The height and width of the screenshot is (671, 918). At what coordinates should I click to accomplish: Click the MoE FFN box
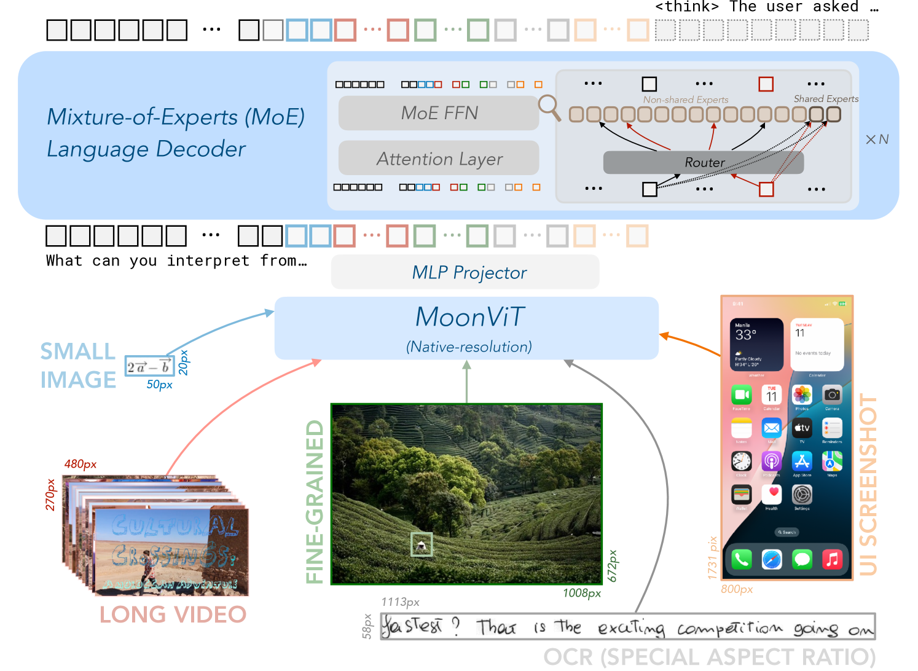(x=439, y=113)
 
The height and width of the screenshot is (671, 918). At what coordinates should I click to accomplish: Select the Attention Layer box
(x=439, y=159)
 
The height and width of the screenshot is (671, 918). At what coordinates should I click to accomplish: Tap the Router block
(x=704, y=162)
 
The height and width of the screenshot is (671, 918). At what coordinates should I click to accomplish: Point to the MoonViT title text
(x=469, y=317)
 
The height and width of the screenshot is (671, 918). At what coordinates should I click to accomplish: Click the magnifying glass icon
(x=549, y=108)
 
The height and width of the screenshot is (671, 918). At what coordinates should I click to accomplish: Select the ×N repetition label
(x=877, y=139)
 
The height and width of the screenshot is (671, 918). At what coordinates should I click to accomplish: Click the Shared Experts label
(x=825, y=99)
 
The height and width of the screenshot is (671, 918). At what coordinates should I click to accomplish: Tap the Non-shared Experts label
(x=685, y=100)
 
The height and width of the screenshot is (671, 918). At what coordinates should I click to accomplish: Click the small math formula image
(x=149, y=367)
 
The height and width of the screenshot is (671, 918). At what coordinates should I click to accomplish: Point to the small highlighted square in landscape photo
(x=422, y=544)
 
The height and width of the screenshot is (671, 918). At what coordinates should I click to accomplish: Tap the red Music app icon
(x=832, y=559)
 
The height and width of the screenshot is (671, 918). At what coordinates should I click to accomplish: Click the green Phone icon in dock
(x=742, y=559)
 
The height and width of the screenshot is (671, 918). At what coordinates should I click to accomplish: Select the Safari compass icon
(x=772, y=559)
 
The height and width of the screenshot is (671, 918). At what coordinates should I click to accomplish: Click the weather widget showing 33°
(x=756, y=344)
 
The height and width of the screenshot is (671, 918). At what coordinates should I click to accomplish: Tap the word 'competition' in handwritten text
(x=729, y=628)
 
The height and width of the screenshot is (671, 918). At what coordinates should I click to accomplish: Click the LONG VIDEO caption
(x=173, y=614)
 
